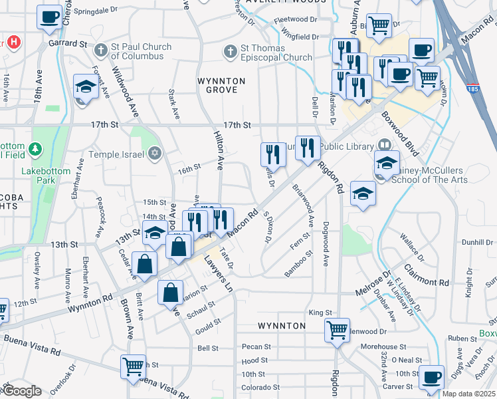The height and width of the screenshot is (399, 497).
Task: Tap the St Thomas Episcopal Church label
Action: click(x=276, y=53)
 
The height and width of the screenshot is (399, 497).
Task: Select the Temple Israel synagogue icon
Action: click(x=155, y=154)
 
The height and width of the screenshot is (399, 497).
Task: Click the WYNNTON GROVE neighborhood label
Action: click(x=221, y=85)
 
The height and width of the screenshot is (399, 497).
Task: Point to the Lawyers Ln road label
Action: click(x=221, y=276)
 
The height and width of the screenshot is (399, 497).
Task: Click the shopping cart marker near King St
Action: click(x=337, y=329)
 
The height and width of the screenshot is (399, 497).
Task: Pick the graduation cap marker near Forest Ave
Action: click(x=86, y=86)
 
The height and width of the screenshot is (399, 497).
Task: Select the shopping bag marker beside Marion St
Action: click(x=171, y=291)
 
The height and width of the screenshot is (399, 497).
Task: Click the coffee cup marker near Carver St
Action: click(x=431, y=376)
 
